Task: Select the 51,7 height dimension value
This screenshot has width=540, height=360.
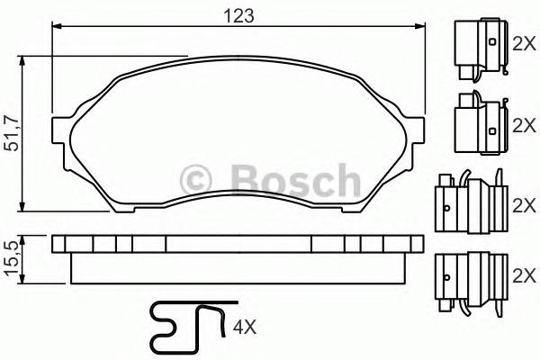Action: point(12,134)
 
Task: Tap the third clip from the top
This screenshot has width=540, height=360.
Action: point(469,200)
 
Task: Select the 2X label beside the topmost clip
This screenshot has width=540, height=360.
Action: point(523,43)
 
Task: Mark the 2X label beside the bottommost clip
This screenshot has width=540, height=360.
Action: point(523,272)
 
